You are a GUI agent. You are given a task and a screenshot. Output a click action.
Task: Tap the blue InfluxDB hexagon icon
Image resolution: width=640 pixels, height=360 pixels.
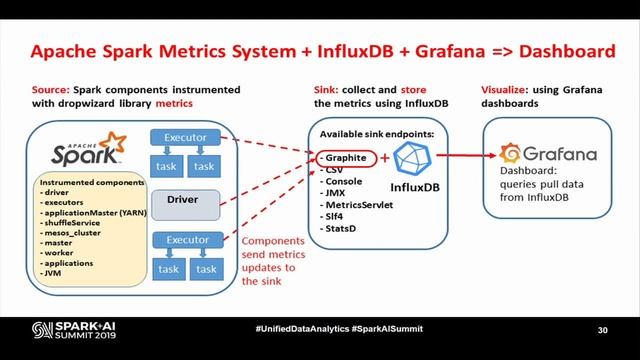[x=414, y=158]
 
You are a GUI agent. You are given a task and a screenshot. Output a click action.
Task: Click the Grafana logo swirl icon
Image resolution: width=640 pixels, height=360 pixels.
[x=509, y=154]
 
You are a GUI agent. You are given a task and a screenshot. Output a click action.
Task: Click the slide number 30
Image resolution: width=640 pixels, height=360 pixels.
[x=603, y=331]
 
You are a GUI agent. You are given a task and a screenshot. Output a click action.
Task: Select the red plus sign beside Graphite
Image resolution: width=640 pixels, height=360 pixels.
[x=385, y=158]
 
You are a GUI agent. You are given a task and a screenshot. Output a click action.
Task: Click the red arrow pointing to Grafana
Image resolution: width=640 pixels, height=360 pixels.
[x=464, y=156]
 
